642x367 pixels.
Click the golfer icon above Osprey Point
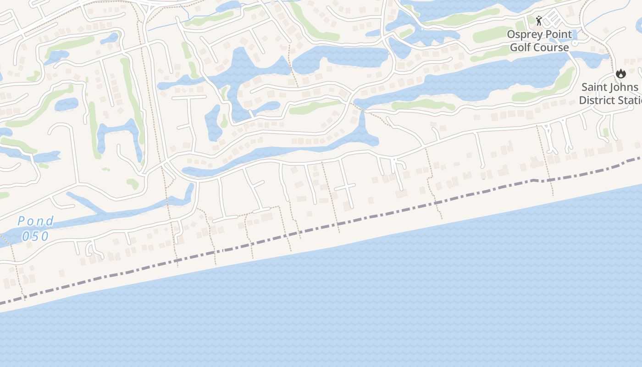[x=539, y=21]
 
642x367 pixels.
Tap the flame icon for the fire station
[x=620, y=73]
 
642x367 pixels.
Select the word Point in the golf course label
[x=558, y=34]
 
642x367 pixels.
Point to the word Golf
[x=521, y=47]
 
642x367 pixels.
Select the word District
[x=597, y=100]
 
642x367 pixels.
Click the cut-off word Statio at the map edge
[x=629, y=100]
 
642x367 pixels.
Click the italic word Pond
[x=36, y=222]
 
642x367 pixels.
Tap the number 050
[x=35, y=236]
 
